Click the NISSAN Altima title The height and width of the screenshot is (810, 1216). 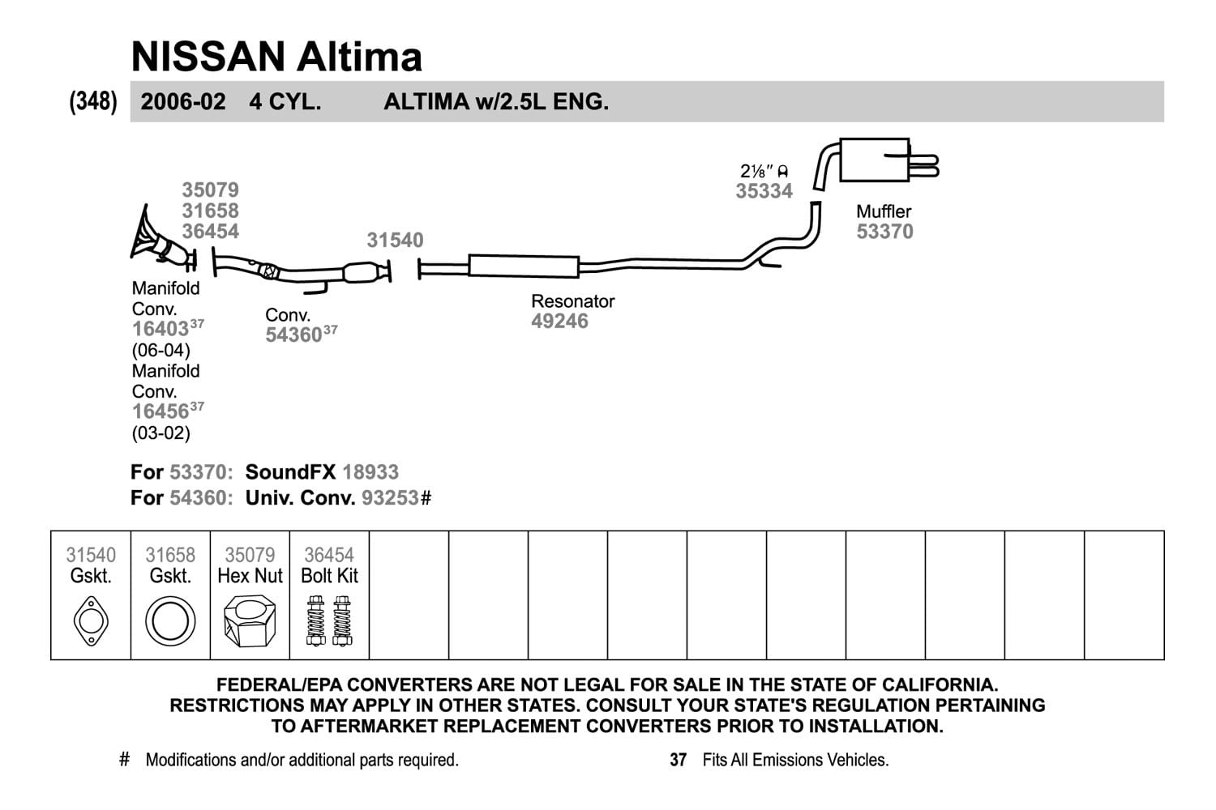[276, 57]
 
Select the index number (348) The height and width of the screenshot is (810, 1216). [93, 101]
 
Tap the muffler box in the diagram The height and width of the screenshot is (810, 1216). [874, 160]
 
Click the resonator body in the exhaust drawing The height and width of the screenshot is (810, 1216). [524, 266]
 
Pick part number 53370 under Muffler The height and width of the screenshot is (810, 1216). [885, 232]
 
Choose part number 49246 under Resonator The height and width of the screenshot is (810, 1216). [559, 322]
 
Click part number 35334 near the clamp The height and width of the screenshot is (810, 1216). [764, 191]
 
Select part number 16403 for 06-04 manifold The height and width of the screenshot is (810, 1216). [161, 329]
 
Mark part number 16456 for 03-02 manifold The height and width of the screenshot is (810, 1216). [161, 411]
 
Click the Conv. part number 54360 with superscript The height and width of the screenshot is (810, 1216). [302, 335]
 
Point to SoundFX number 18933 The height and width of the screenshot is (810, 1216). [370, 472]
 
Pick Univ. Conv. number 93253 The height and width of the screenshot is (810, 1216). [390, 497]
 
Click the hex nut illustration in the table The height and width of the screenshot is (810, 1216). [250, 620]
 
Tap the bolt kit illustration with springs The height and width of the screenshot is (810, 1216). [329, 620]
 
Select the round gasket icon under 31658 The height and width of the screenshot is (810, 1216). [170, 621]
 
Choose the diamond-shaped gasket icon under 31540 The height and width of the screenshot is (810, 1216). [91, 621]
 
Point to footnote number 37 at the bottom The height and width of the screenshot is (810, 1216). [678, 760]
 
